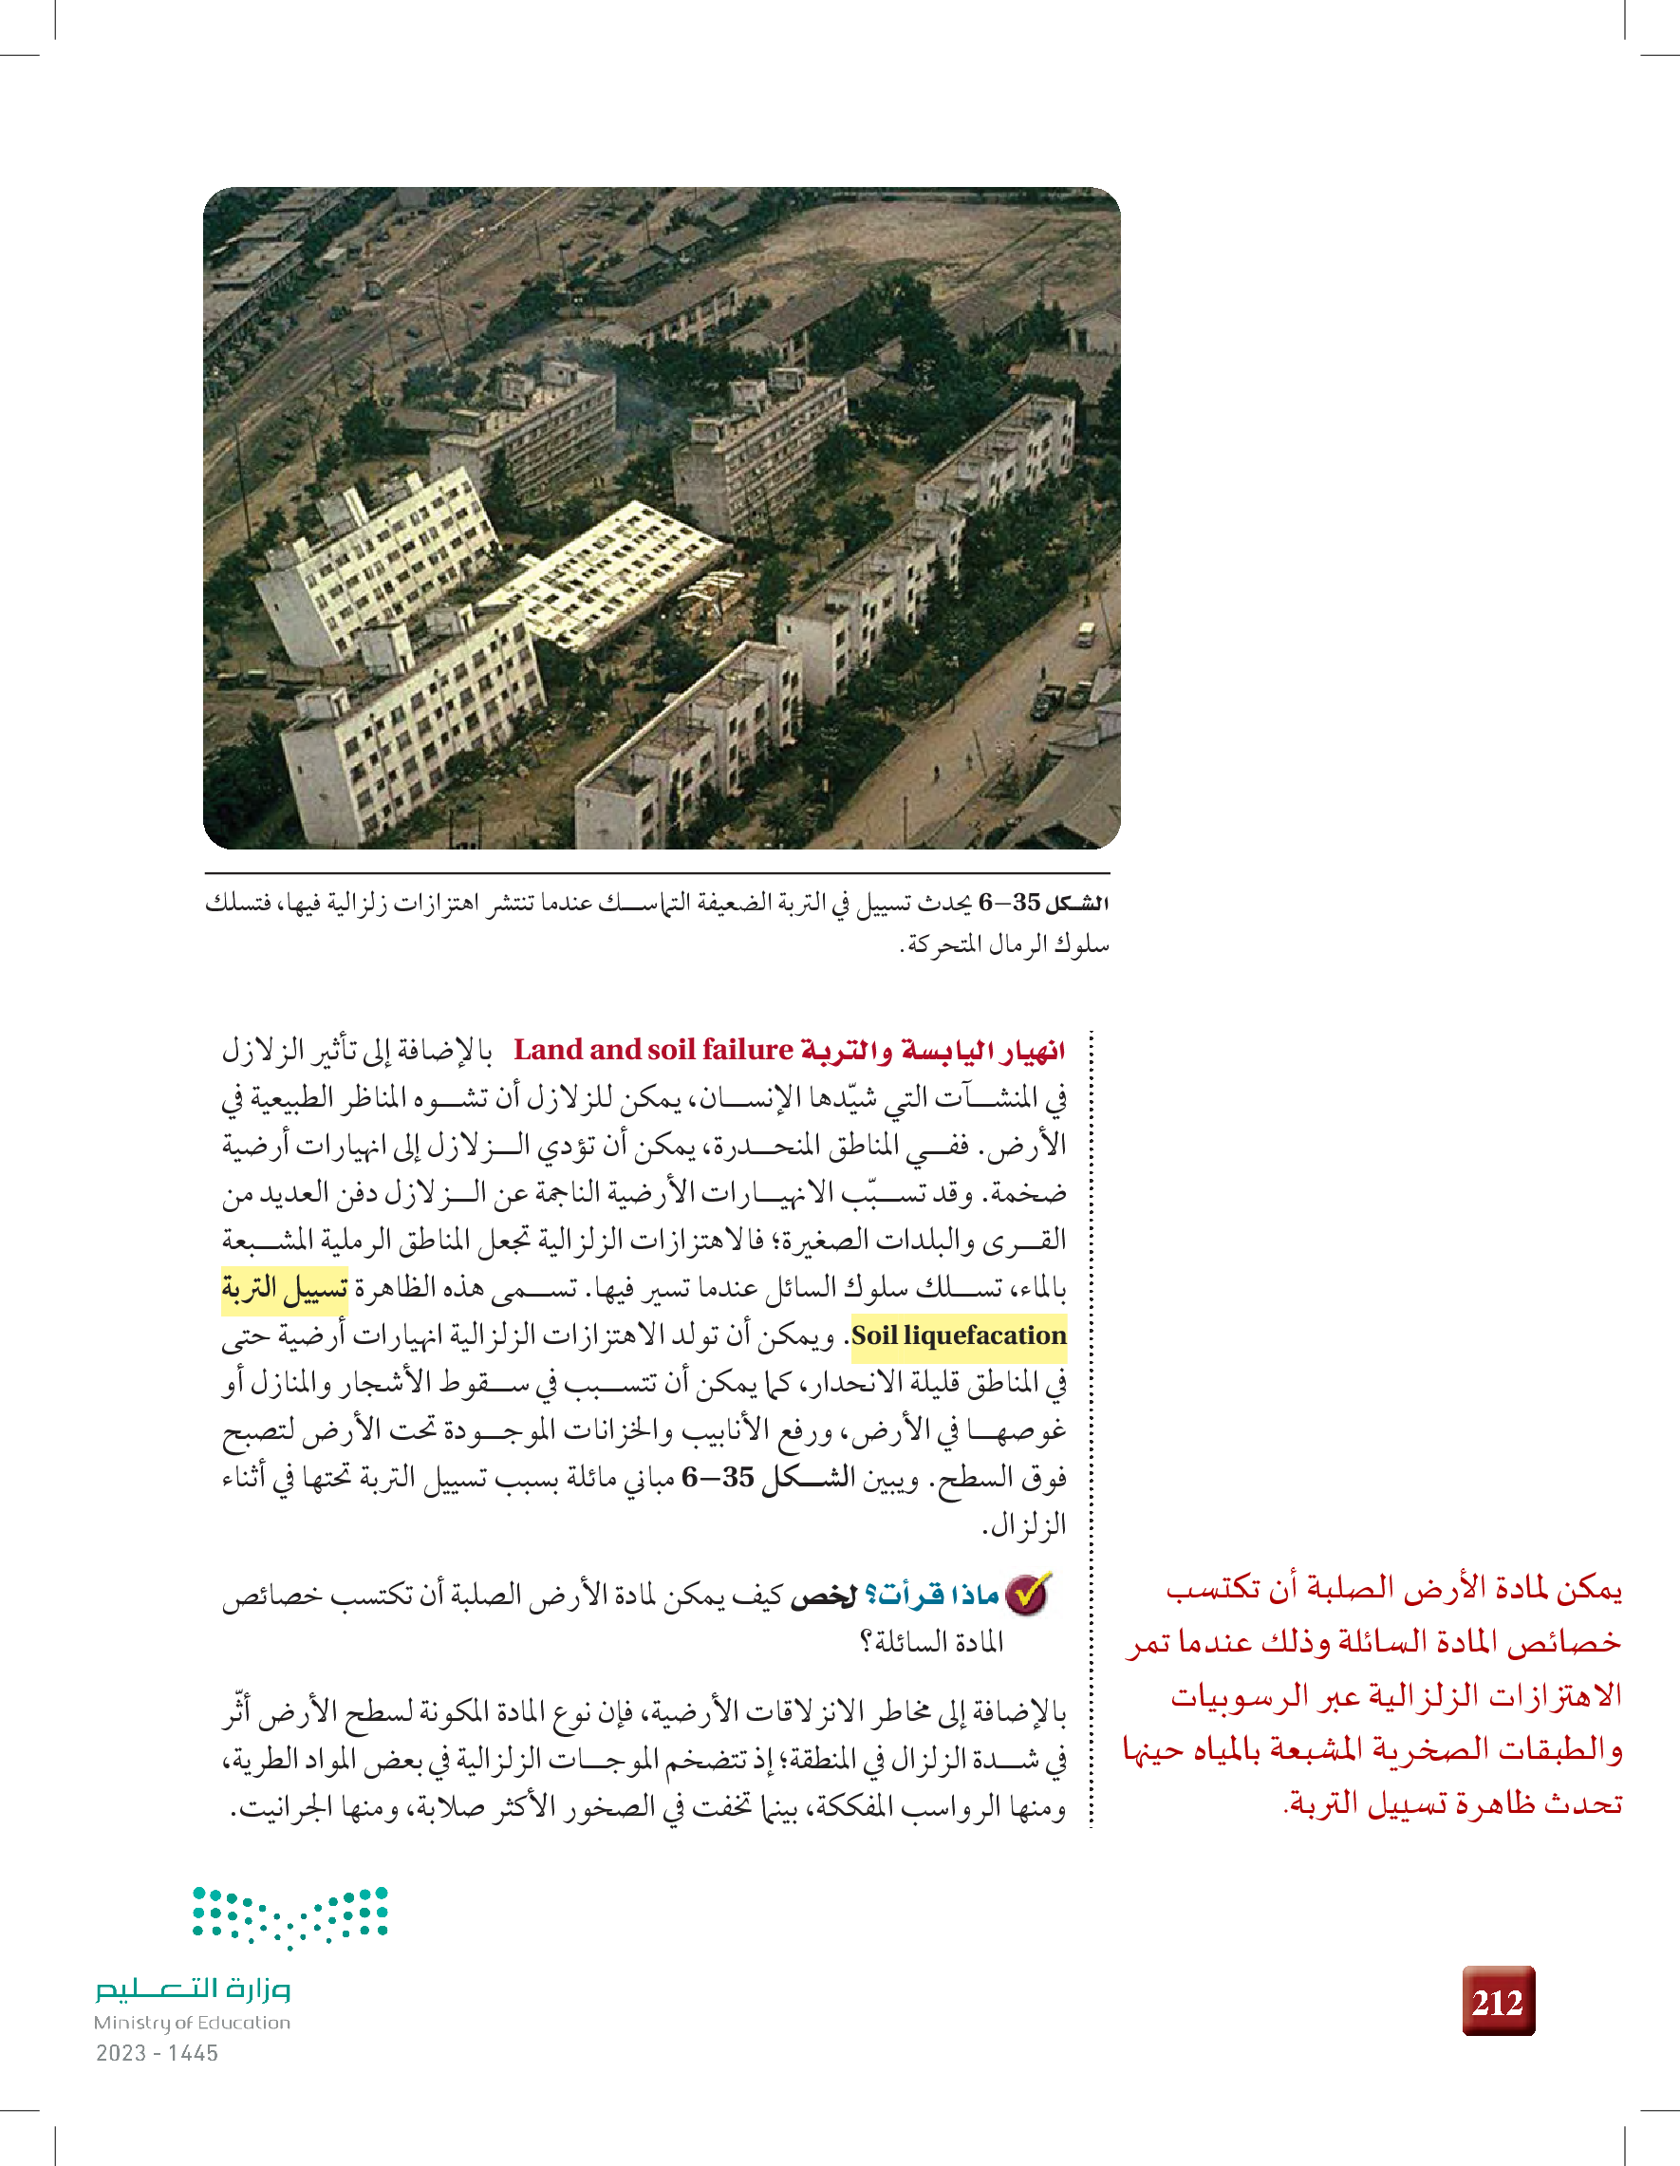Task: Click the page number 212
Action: (1498, 2003)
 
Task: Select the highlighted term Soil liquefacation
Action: (958, 1335)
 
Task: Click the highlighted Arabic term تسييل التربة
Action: (285, 1287)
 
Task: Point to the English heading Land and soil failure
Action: (654, 1049)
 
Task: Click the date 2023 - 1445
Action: (157, 2053)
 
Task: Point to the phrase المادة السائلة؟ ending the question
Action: (932, 1642)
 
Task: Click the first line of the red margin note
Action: (1393, 1589)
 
